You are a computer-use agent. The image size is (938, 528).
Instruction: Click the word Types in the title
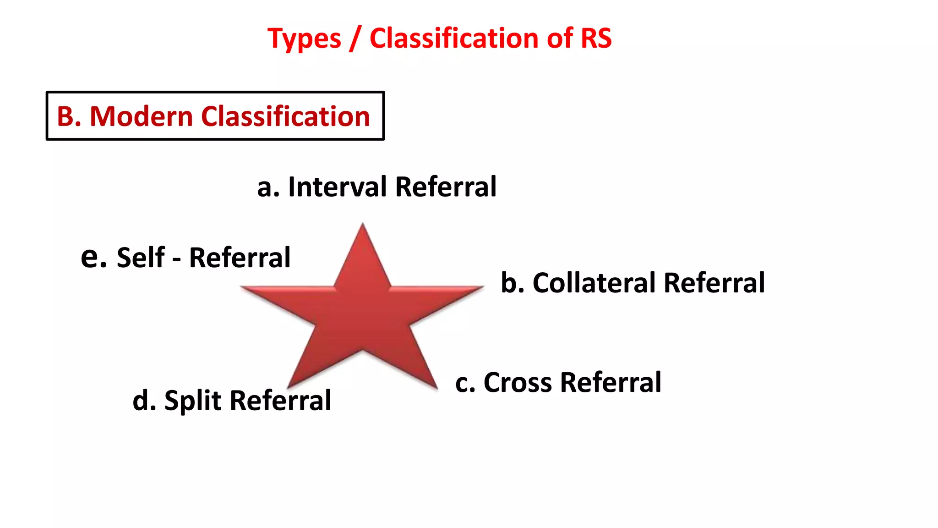pyautogui.click(x=304, y=38)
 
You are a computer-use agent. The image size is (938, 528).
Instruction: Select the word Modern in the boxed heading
pyautogui.click(x=142, y=116)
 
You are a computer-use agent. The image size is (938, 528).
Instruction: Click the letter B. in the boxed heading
pyautogui.click(x=69, y=116)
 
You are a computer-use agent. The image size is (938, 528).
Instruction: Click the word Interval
pyautogui.click(x=338, y=187)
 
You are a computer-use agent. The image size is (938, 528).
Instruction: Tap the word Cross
pyautogui.click(x=518, y=382)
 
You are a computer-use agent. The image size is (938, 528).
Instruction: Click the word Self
pyautogui.click(x=141, y=258)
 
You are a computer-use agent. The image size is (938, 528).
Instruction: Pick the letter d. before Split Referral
pyautogui.click(x=144, y=401)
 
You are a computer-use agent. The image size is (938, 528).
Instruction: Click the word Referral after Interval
pyautogui.click(x=445, y=187)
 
